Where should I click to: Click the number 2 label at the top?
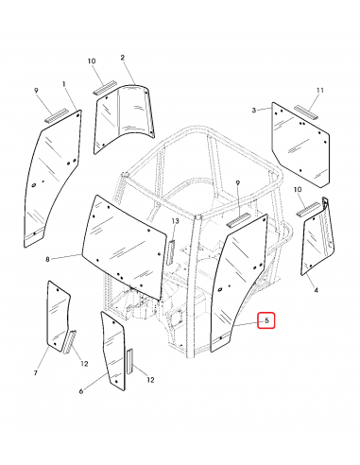click(x=123, y=58)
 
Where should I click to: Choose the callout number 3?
click(x=254, y=111)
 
